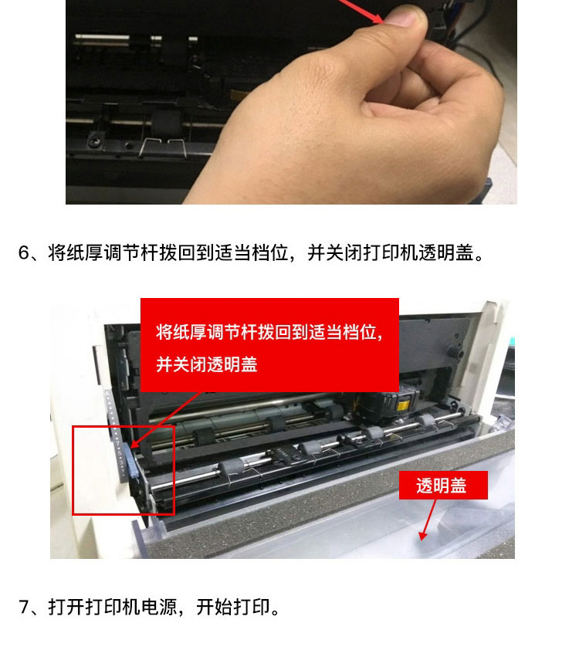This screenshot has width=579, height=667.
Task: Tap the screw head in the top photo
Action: tap(95, 139)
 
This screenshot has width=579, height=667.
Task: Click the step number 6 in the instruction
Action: tap(23, 252)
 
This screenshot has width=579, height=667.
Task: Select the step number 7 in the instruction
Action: tap(23, 607)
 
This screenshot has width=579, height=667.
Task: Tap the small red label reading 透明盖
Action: tap(442, 485)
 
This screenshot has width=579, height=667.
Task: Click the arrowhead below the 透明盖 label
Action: tap(422, 536)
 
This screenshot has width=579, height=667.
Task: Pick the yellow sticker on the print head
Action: tap(403, 405)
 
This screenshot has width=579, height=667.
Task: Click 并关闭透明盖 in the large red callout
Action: tap(207, 365)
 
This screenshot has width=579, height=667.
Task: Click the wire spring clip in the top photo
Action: tap(164, 147)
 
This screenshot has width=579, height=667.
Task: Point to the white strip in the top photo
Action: tap(103, 37)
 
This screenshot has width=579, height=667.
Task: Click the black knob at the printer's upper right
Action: tap(455, 351)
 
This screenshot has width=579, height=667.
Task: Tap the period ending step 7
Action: tap(276, 612)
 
